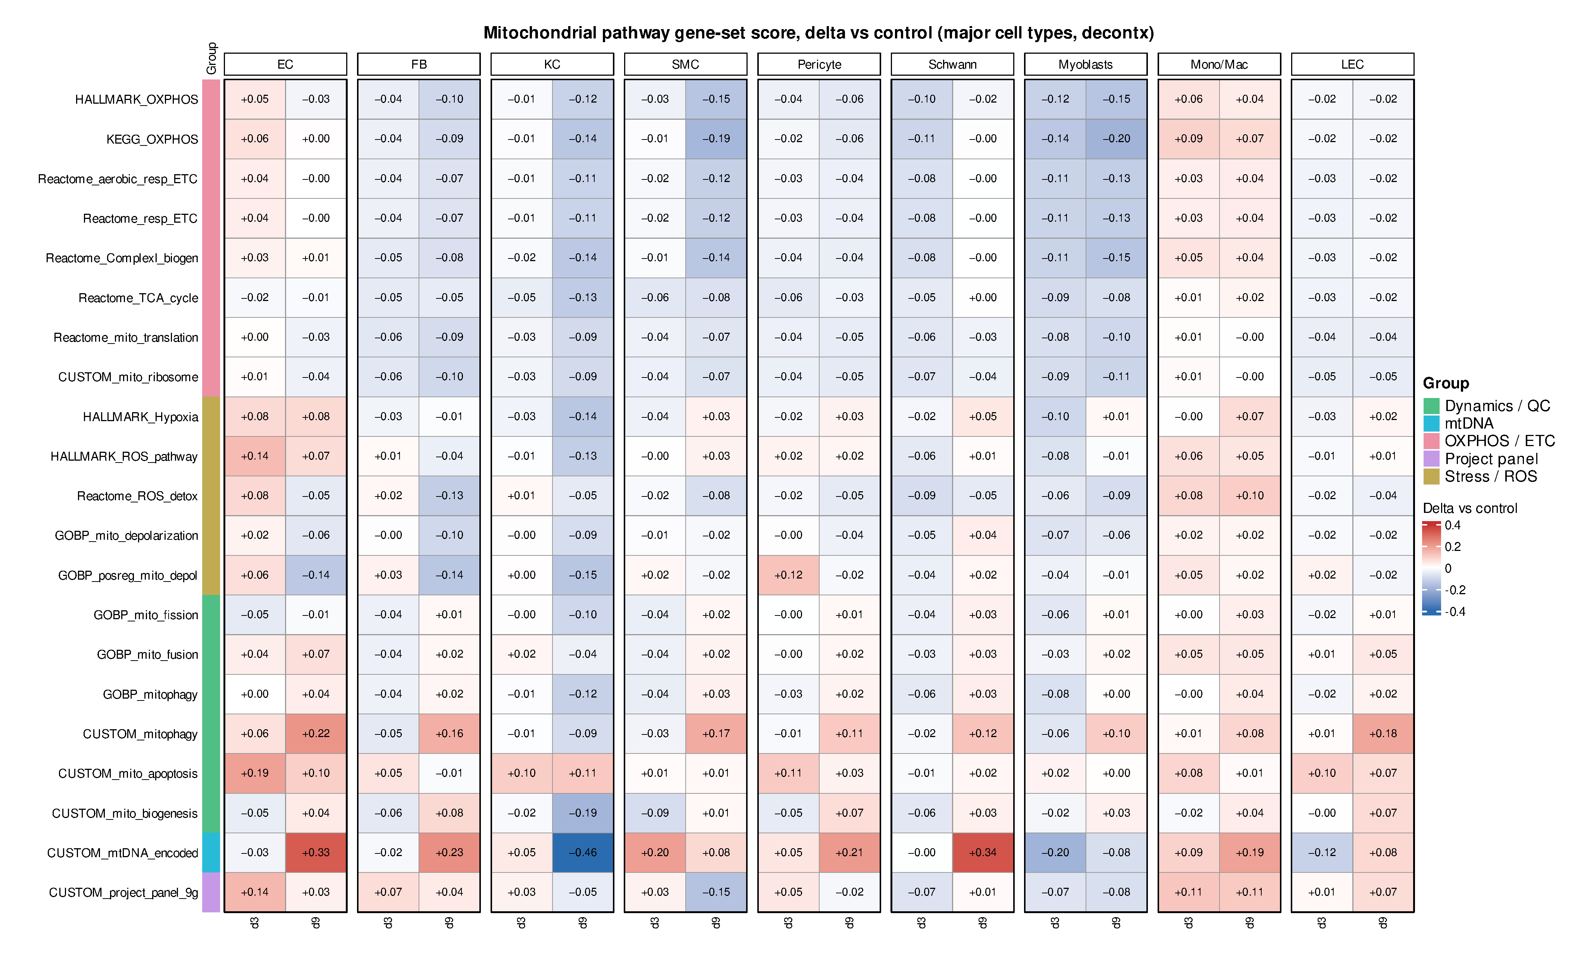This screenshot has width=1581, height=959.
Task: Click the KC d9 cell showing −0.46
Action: point(583,853)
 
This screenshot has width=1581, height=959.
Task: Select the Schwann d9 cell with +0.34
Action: point(982,853)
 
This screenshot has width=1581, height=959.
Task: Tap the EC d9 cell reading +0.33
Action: point(316,853)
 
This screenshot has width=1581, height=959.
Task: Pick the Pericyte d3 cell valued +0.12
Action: point(788,575)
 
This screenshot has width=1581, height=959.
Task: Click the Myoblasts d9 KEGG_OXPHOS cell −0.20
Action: point(1117,138)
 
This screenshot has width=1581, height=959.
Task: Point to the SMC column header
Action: point(685,64)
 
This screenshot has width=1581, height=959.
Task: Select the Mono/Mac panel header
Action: point(1219,64)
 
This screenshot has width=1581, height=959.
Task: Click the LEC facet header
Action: point(1353,64)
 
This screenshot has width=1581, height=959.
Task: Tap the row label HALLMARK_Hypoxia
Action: point(141,417)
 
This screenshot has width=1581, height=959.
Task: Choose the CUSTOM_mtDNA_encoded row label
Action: point(123,853)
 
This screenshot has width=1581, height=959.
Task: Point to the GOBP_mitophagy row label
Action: point(150,695)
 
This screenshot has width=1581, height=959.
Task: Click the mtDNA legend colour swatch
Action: point(1431,423)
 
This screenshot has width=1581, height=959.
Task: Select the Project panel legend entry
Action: point(1491,459)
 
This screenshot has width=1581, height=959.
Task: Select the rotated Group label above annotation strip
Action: point(212,58)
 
